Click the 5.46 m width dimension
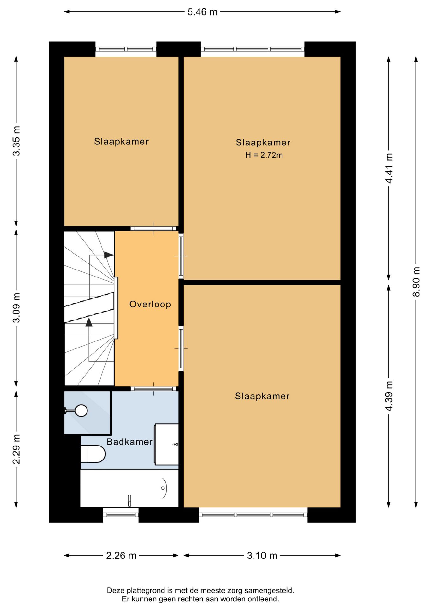pos(202,12)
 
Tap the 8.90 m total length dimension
pos(416,282)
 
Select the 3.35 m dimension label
pos(16,141)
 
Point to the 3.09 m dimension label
pos(16,308)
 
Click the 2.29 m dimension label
pos(16,449)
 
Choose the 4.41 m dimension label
pos(389,168)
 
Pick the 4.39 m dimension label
pos(389,396)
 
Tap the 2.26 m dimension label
pos(121,556)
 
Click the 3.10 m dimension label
pos(262,556)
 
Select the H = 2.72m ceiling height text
pos(264,155)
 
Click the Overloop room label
pos(150,304)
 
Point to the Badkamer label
pos(129,442)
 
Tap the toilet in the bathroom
pos(93,454)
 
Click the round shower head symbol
pos(81,411)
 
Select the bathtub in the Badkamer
pos(129,488)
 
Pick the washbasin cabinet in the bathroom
pos(166,444)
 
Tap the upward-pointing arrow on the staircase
pos(89,322)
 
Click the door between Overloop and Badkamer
pos(153,389)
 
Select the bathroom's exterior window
pos(121,515)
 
